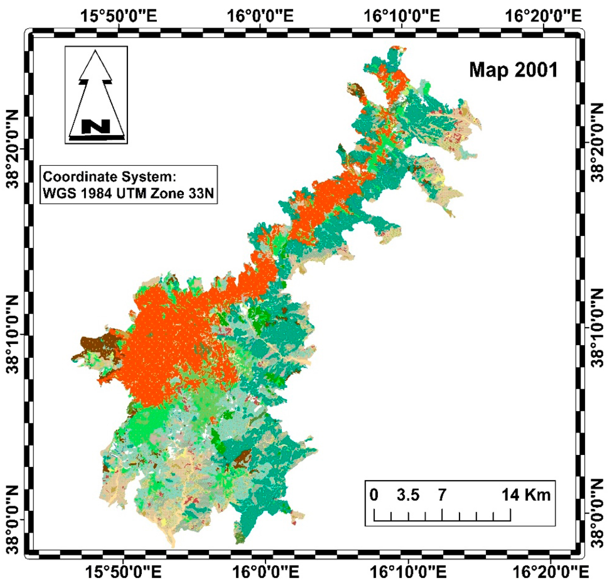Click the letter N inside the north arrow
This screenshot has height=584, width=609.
[95, 126]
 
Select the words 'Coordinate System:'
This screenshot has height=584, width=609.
[109, 177]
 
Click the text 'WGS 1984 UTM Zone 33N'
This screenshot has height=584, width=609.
[128, 194]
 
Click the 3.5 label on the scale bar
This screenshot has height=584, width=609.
[408, 494]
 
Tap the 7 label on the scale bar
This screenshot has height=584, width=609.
[442, 494]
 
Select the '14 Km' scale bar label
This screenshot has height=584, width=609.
[526, 494]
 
